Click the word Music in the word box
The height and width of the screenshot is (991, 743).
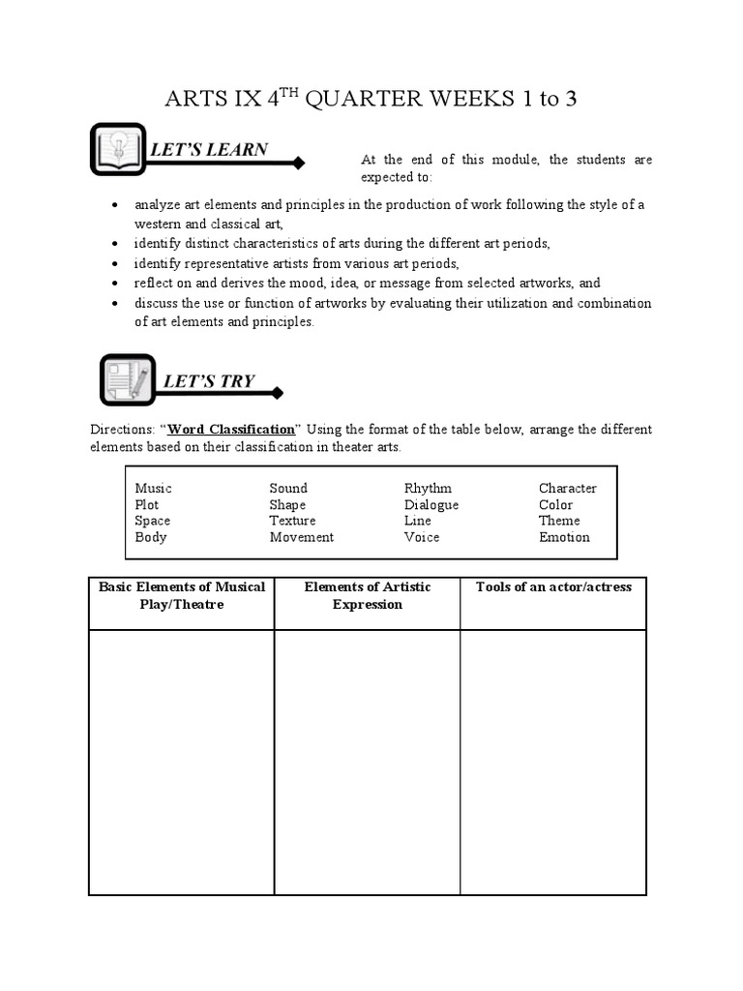click(153, 489)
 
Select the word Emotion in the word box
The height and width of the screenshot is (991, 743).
click(564, 537)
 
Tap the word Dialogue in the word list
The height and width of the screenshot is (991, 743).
click(431, 505)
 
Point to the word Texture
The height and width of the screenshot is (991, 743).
click(292, 521)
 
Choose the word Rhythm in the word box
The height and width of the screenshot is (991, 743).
click(428, 489)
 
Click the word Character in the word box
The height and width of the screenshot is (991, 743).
click(568, 489)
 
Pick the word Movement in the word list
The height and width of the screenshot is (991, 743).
click(302, 537)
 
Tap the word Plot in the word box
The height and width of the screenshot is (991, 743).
click(147, 505)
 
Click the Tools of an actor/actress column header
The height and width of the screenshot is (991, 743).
click(553, 587)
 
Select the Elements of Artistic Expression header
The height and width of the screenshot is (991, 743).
click(368, 595)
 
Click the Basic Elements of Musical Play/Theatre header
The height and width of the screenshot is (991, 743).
click(182, 595)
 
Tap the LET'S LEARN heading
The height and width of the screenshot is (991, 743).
click(208, 149)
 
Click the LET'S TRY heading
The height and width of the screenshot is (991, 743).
click(209, 381)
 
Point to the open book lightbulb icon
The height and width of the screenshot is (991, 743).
click(118, 149)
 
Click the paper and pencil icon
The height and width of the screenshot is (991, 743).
click(128, 380)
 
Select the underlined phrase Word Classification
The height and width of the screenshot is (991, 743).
click(231, 429)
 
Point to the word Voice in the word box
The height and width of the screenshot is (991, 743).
click(422, 537)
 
